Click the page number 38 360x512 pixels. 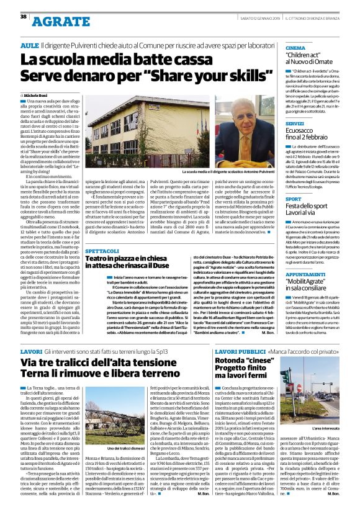click(x=23, y=16)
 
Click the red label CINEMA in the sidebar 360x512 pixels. click(x=295, y=48)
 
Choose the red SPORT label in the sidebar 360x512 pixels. click(x=294, y=199)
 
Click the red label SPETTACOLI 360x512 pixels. click(x=102, y=251)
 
